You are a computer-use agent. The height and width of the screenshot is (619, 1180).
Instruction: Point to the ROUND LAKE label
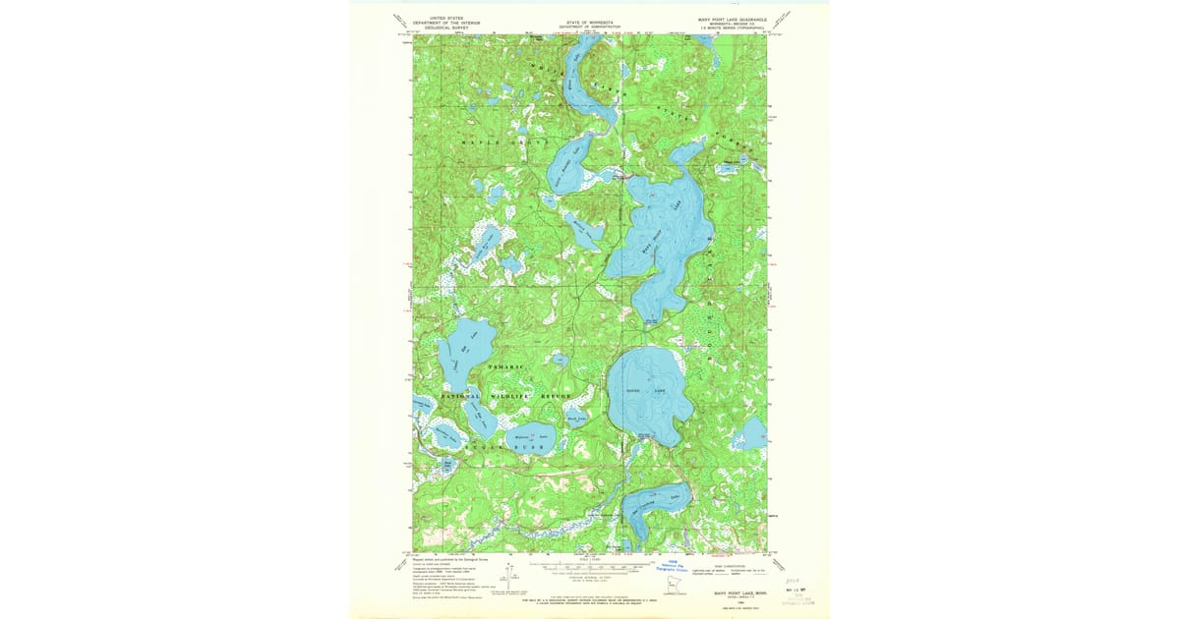[646, 392]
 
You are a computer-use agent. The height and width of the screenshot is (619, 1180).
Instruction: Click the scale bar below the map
[590, 567]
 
